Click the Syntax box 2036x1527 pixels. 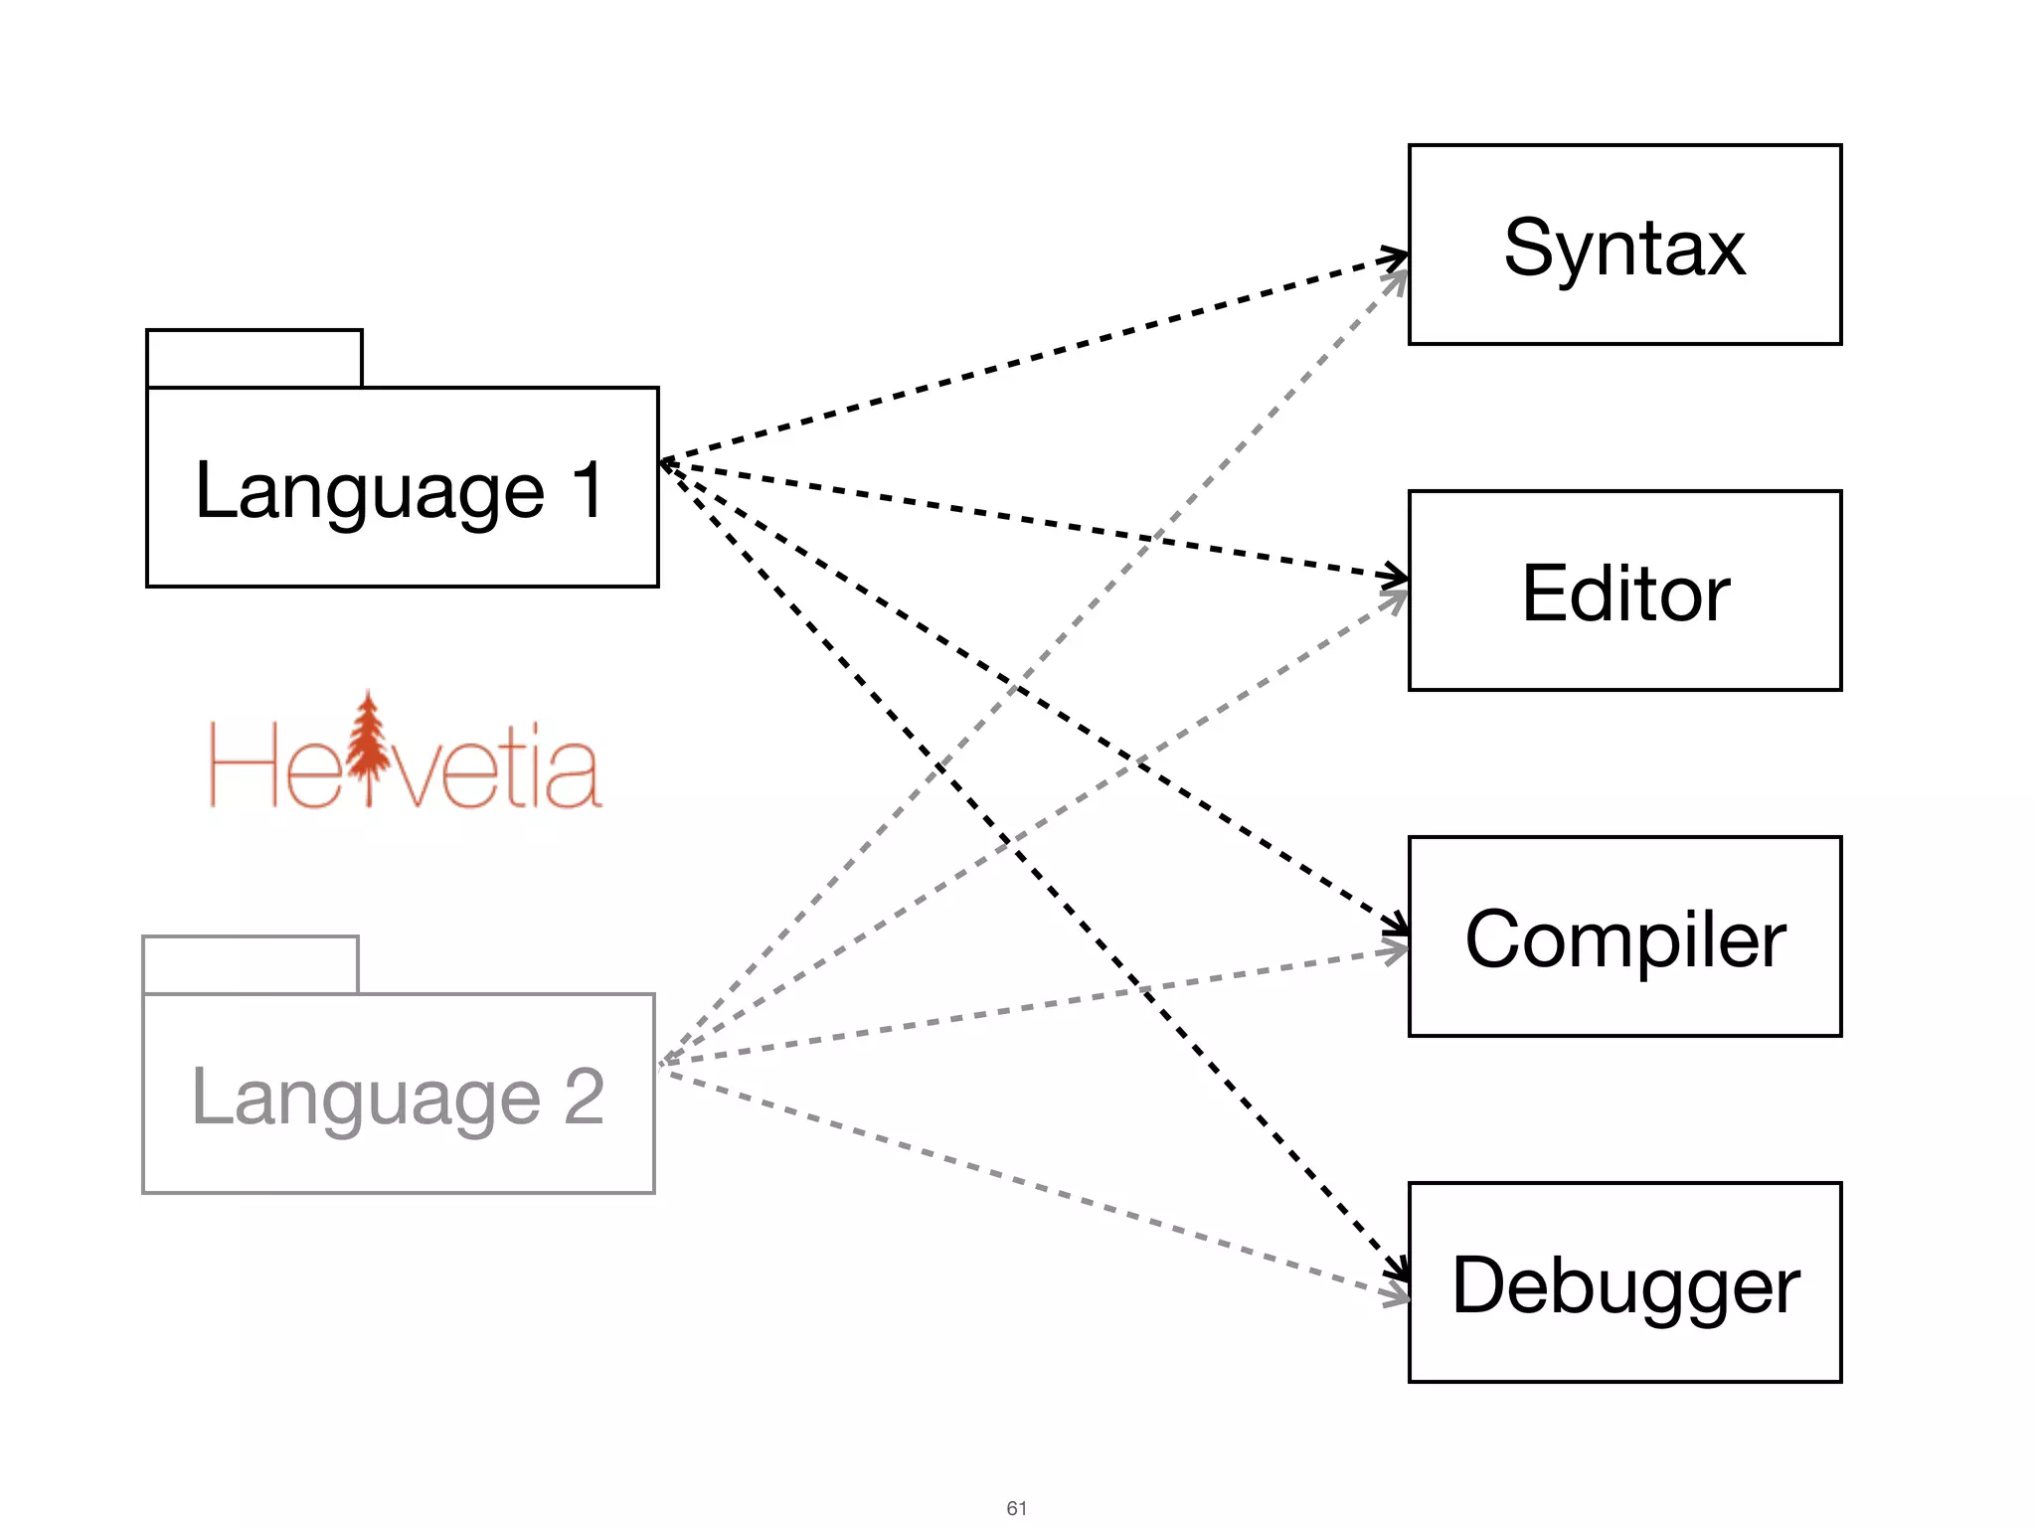coord(1624,245)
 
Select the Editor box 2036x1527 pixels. coord(1624,591)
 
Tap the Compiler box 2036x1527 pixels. coord(1624,936)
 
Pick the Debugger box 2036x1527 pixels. coord(1624,1282)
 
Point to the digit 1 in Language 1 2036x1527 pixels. coord(589,489)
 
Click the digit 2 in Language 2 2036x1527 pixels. coord(585,1096)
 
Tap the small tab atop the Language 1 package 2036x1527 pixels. coord(254,358)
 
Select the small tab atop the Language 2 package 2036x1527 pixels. coord(251,964)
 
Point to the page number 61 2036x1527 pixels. coord(1016,1508)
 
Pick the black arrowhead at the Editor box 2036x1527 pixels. coord(1397,576)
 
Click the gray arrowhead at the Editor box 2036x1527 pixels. coord(1397,599)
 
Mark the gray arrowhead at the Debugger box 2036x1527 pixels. coord(1397,1295)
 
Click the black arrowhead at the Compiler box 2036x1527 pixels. coord(1399,925)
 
